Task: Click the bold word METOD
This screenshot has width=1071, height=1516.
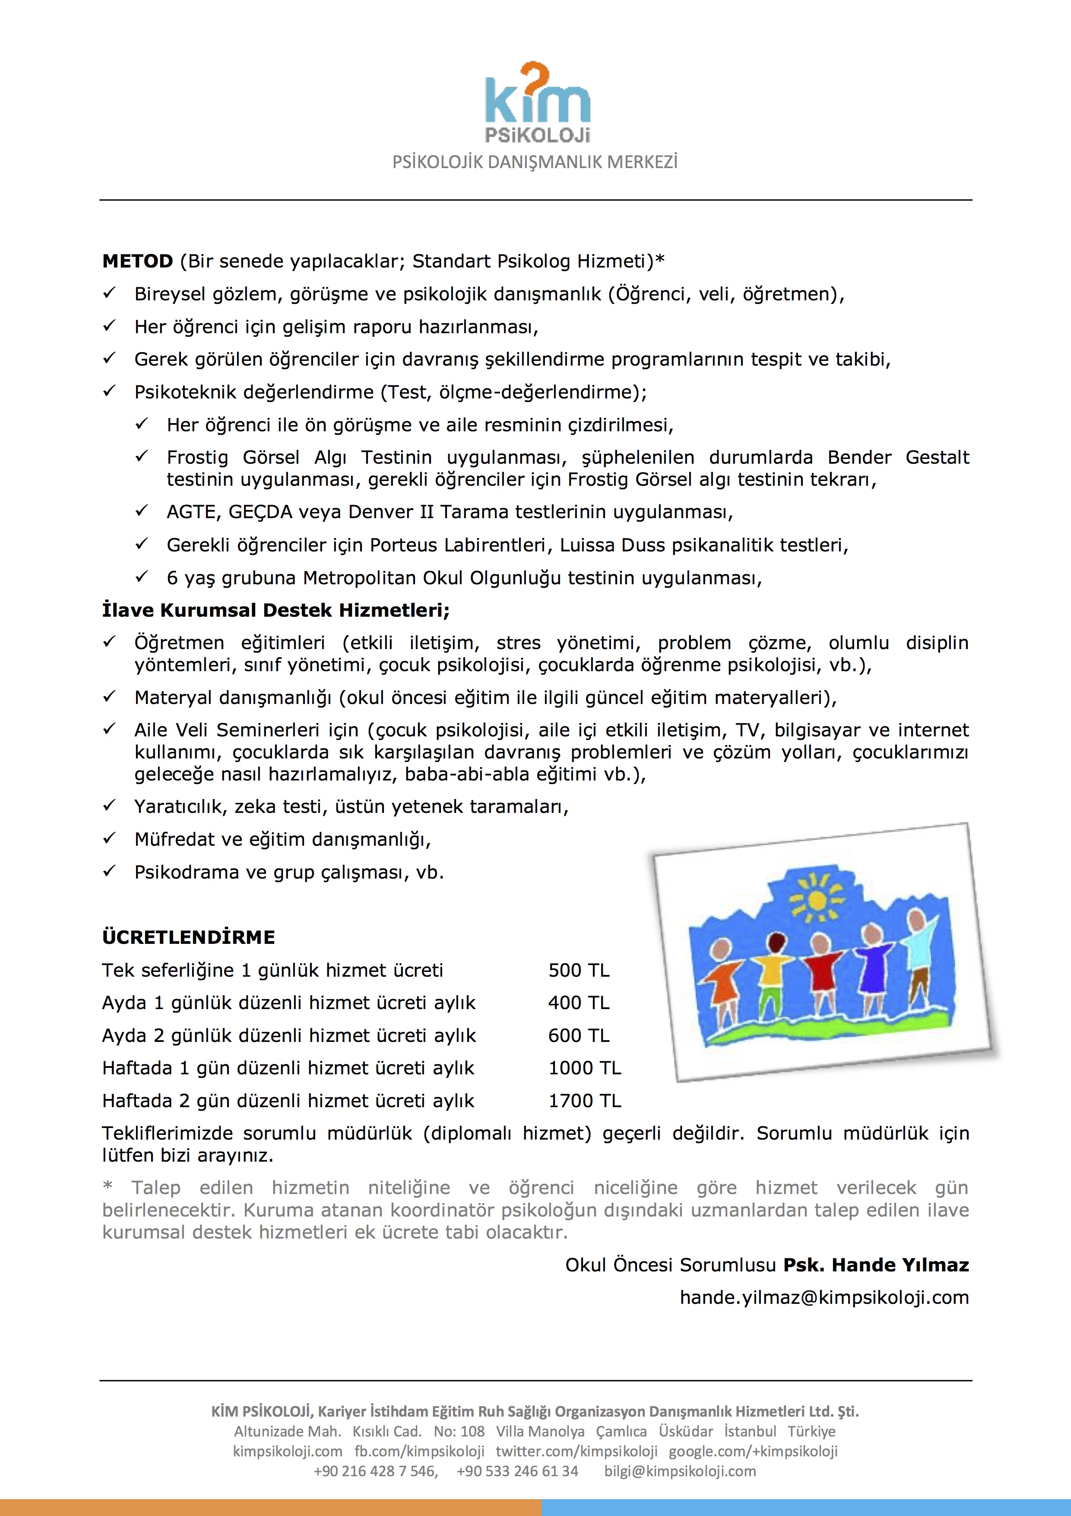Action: tap(137, 261)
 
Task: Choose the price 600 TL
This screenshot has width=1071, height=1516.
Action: tap(579, 1035)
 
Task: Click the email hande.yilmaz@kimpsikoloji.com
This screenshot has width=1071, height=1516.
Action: tap(824, 1297)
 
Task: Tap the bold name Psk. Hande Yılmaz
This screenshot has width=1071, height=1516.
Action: tap(876, 1264)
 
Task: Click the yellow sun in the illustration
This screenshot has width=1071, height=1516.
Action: tap(817, 899)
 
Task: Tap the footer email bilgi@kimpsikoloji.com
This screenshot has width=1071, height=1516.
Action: tap(680, 1471)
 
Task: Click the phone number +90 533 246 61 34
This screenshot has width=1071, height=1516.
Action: tap(517, 1471)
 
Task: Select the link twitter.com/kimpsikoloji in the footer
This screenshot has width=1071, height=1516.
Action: tap(577, 1451)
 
